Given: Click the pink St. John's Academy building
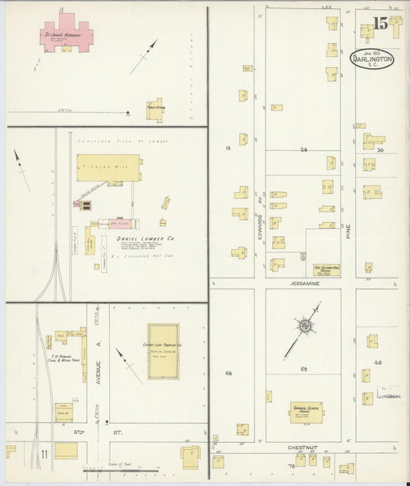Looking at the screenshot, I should point(67,35).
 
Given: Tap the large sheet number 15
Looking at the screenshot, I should point(380,25).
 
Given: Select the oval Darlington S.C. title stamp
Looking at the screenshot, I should point(372,58).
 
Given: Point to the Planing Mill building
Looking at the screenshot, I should point(108,167).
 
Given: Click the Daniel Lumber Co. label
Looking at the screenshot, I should point(145,239).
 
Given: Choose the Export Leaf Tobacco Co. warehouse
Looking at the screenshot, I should point(163,351).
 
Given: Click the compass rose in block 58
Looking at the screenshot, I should point(305,328).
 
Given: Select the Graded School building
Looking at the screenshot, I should point(305,411).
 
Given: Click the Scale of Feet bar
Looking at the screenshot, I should point(122,468).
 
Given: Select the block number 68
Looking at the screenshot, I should point(228,373).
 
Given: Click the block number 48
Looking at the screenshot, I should point(378,361).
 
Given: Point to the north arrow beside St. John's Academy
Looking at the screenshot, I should point(143,57).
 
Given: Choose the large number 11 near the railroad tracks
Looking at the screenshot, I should point(45,454).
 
